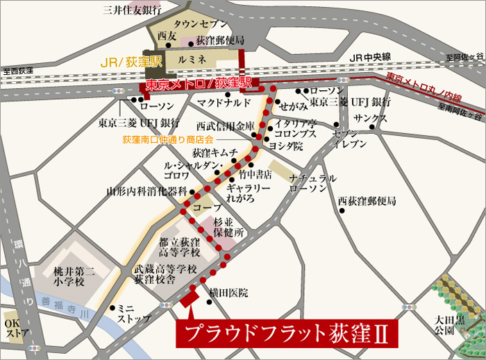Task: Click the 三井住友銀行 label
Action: pyautogui.click(x=131, y=10)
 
